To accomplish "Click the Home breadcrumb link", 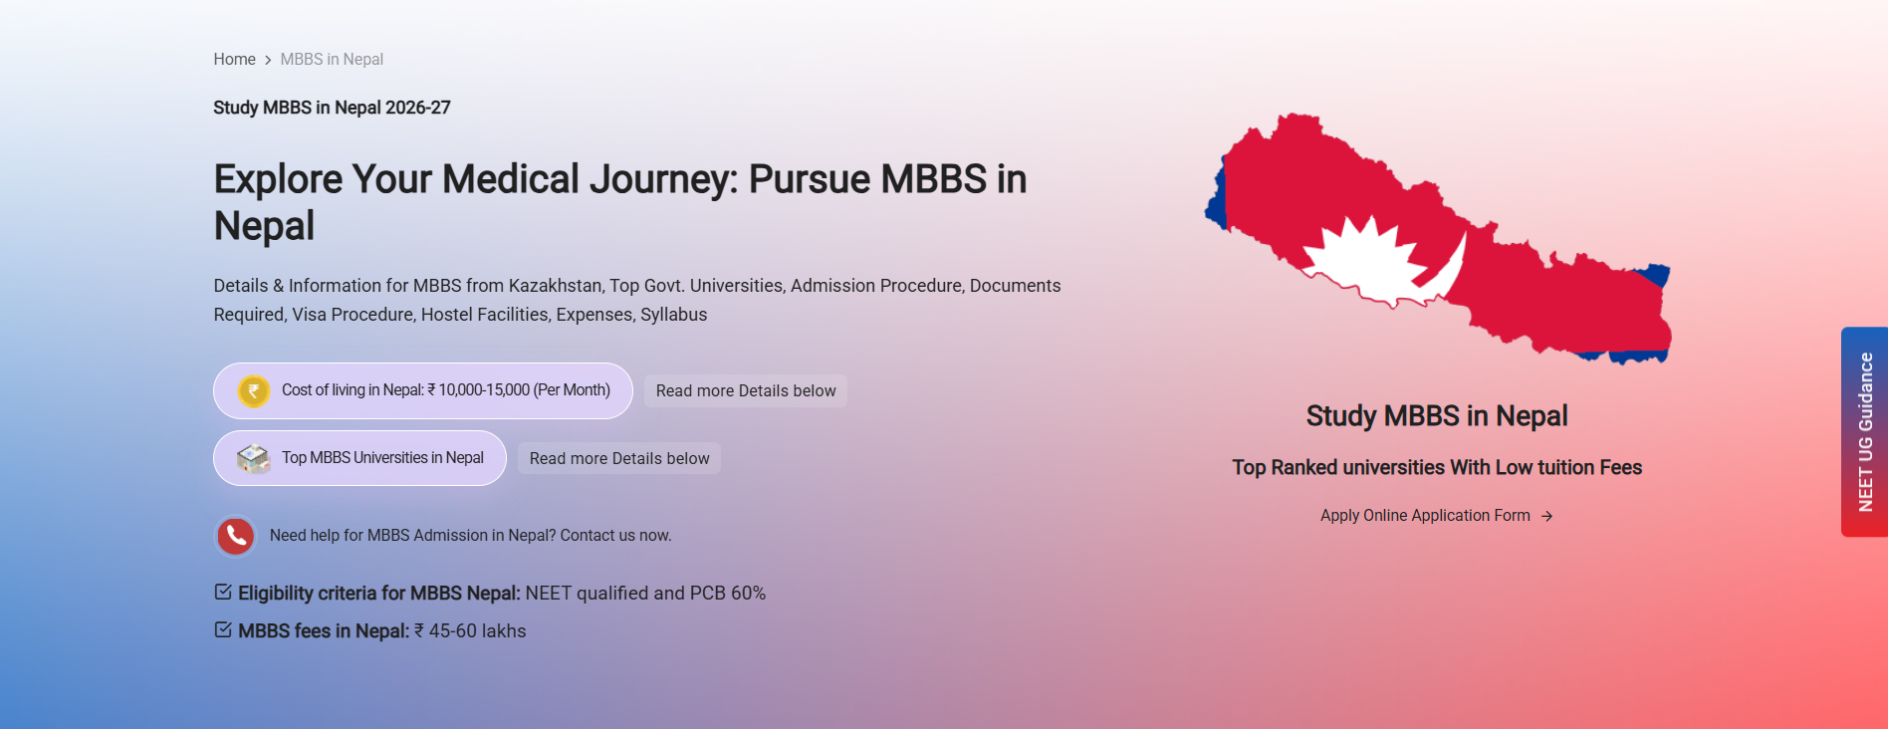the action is (x=234, y=60).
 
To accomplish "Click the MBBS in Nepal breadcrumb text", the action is (x=332, y=60).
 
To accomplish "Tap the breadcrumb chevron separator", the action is (x=268, y=60).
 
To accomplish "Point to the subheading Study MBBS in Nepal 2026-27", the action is (x=332, y=108).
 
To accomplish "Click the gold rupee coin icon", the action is (x=254, y=390).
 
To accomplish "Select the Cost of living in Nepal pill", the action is (x=423, y=390).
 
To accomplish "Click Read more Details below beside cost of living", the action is (x=746, y=390).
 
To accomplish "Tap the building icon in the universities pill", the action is (x=253, y=458).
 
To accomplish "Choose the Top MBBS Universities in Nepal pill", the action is (x=359, y=458).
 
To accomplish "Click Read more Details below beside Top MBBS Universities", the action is (x=619, y=458).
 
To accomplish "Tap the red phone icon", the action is (x=236, y=536).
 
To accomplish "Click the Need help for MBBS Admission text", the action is (x=471, y=536).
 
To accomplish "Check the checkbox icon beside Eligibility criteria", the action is (x=223, y=592).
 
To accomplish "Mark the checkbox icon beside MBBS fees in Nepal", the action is (x=223, y=629).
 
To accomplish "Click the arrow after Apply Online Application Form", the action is (x=1546, y=516).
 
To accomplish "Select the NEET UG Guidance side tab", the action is (x=1865, y=432).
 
